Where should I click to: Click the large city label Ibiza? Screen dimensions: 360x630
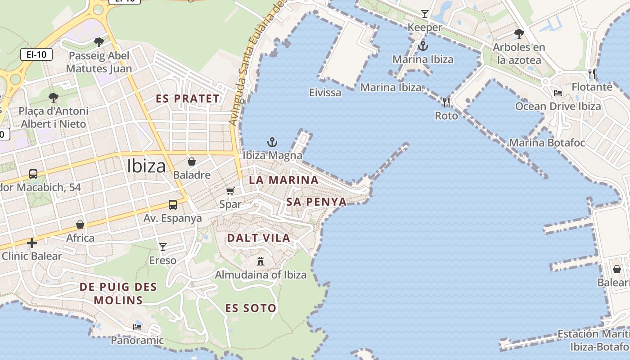146,166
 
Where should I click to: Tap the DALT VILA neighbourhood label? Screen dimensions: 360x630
258,238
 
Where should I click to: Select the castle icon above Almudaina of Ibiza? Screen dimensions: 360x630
260,261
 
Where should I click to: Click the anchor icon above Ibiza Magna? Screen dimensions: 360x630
272,143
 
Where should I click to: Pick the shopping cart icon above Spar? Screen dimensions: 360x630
230,191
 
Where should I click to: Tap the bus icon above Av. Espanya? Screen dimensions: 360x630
172,205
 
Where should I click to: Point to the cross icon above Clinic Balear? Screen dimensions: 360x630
32,243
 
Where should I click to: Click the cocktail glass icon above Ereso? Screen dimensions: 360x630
163,247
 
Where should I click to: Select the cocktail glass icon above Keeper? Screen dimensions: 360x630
425,14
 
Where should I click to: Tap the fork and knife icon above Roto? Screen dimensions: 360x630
446,103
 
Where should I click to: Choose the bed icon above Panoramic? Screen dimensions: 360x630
137,327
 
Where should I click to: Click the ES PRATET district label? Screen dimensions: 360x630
188,99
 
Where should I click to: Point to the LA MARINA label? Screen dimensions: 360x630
283,180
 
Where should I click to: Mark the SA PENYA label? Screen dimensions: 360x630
316,202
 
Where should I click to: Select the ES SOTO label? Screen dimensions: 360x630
251,308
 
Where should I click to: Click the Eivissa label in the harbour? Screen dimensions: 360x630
325,93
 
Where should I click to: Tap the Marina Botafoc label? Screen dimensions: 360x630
547,143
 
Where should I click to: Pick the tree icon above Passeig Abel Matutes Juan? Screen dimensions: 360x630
99,42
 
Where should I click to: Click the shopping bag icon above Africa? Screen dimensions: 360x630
80,225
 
